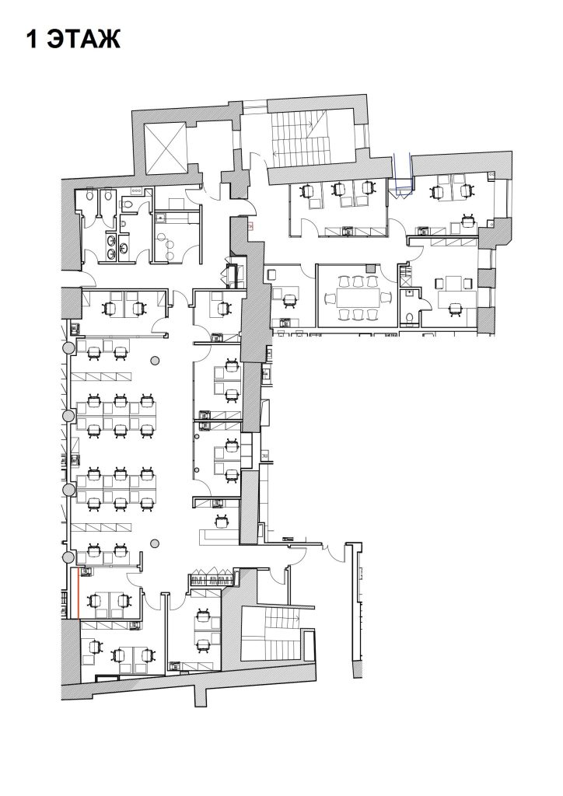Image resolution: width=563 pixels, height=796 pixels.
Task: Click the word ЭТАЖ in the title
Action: click(x=84, y=39)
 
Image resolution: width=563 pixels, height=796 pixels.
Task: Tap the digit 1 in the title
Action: click(x=32, y=39)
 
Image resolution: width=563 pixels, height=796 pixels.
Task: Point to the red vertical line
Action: click(x=79, y=593)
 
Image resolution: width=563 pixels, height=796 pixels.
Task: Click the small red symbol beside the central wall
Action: click(x=251, y=225)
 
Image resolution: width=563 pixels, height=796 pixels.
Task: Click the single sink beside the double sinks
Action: click(x=124, y=224)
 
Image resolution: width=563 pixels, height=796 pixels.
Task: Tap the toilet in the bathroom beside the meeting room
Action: click(x=410, y=318)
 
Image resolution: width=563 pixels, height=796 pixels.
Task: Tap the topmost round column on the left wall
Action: click(x=68, y=347)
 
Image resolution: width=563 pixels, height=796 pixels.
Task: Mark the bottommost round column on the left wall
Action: click(x=68, y=558)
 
